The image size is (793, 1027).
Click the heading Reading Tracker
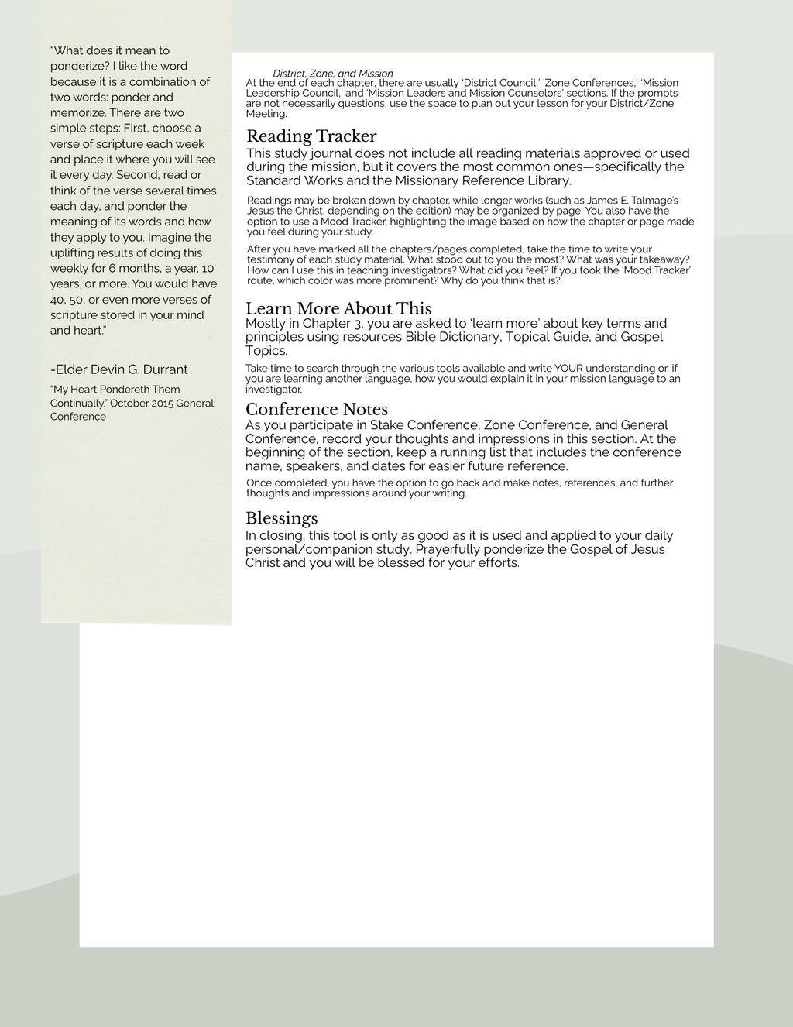click(311, 137)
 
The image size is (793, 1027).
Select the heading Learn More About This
click(338, 309)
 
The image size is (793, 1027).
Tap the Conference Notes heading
click(317, 410)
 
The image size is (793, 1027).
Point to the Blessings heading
click(282, 518)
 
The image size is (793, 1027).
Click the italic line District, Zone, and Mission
click(333, 74)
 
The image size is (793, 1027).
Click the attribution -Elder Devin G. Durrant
click(119, 369)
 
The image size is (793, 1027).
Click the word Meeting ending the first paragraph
click(266, 114)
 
